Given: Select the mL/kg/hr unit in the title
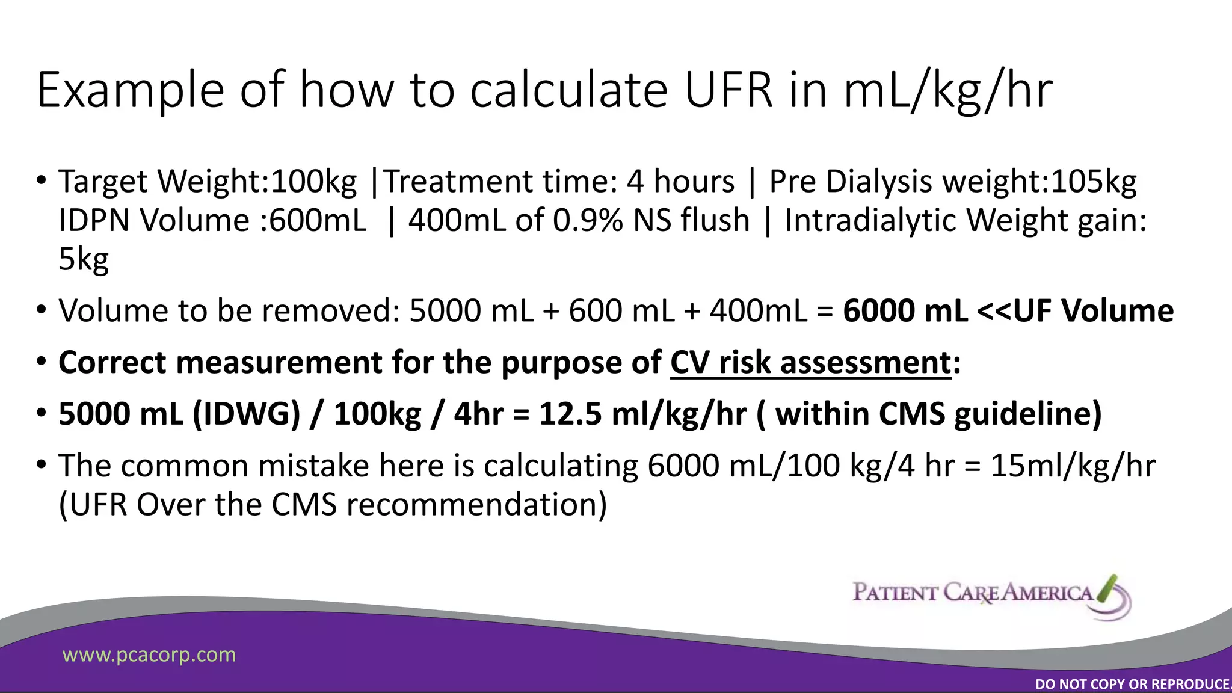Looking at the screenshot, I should pyautogui.click(x=948, y=90).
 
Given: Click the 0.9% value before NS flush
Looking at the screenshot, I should pyautogui.click(x=588, y=220).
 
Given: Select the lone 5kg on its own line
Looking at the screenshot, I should pyautogui.click(x=84, y=259).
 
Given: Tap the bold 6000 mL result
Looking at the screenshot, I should pyautogui.click(x=905, y=311).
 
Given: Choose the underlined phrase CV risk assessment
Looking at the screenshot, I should pyautogui.click(x=810, y=363).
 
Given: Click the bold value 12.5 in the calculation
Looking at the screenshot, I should pyautogui.click(x=570, y=414).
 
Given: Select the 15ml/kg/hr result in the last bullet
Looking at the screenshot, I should pyautogui.click(x=1073, y=466).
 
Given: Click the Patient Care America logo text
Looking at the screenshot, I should pyautogui.click(x=972, y=593).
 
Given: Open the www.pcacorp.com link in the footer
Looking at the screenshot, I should pyautogui.click(x=149, y=654).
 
